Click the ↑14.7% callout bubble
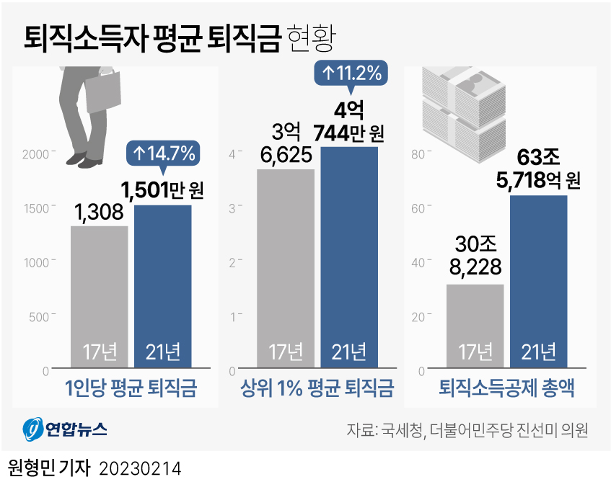point(162,153)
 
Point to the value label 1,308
point(100,212)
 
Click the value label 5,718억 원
point(538,179)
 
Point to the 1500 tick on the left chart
point(35,207)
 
